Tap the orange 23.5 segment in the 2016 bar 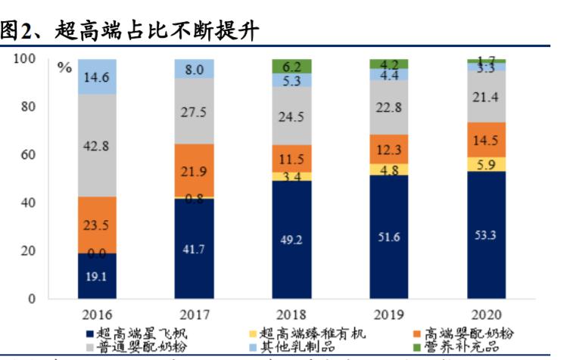tap(98, 225)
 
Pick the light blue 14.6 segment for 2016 tap(98, 76)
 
